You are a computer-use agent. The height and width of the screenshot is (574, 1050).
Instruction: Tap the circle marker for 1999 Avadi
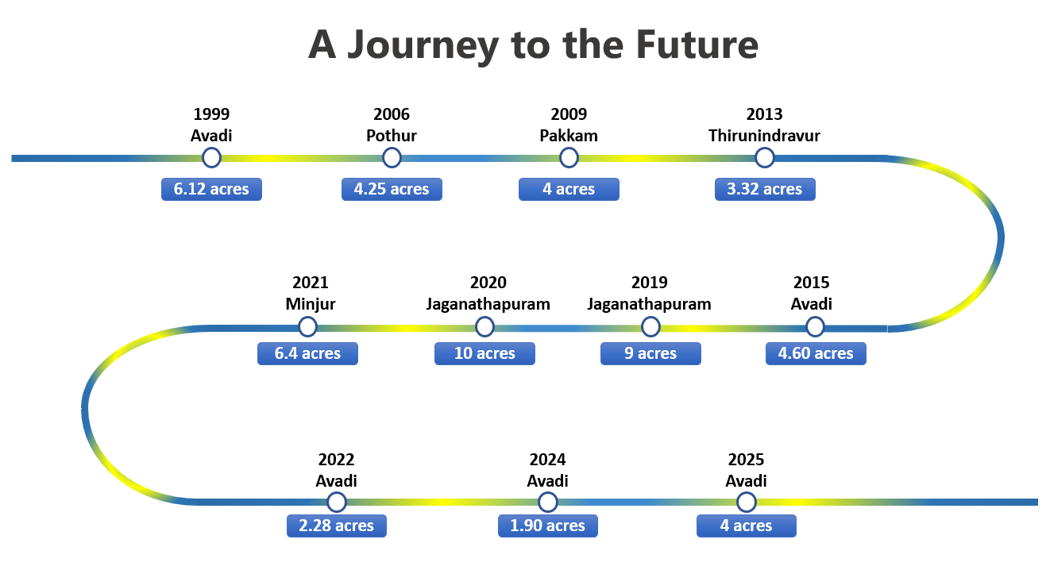[211, 158]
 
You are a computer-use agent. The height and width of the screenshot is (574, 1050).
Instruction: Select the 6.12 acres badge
[211, 189]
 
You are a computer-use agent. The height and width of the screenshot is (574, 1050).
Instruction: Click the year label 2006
[392, 115]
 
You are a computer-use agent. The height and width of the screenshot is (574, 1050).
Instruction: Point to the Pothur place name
[392, 136]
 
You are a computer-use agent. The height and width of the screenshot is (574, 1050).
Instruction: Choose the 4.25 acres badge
[392, 189]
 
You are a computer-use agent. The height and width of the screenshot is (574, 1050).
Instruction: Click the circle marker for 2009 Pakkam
[569, 158]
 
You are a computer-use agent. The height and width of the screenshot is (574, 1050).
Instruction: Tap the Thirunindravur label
[764, 136]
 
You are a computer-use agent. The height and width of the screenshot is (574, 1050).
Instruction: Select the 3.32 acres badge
[764, 189]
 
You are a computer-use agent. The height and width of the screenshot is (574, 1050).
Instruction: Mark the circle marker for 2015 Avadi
[815, 326]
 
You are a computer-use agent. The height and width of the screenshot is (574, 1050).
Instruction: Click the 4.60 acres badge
[816, 353]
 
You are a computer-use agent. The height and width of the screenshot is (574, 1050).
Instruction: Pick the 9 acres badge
[650, 353]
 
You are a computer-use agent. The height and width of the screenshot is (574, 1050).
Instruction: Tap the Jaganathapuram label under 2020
[488, 304]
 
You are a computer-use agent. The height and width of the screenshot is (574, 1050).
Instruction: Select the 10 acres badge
[484, 353]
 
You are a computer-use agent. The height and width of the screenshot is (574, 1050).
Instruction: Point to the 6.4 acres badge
[307, 353]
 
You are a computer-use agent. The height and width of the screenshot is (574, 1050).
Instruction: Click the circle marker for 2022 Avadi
[337, 502]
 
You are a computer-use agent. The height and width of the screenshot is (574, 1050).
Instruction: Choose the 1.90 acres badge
[548, 526]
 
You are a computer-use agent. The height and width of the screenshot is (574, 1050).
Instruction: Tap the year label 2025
[746, 460]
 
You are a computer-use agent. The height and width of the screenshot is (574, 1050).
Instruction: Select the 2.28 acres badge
[337, 526]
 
